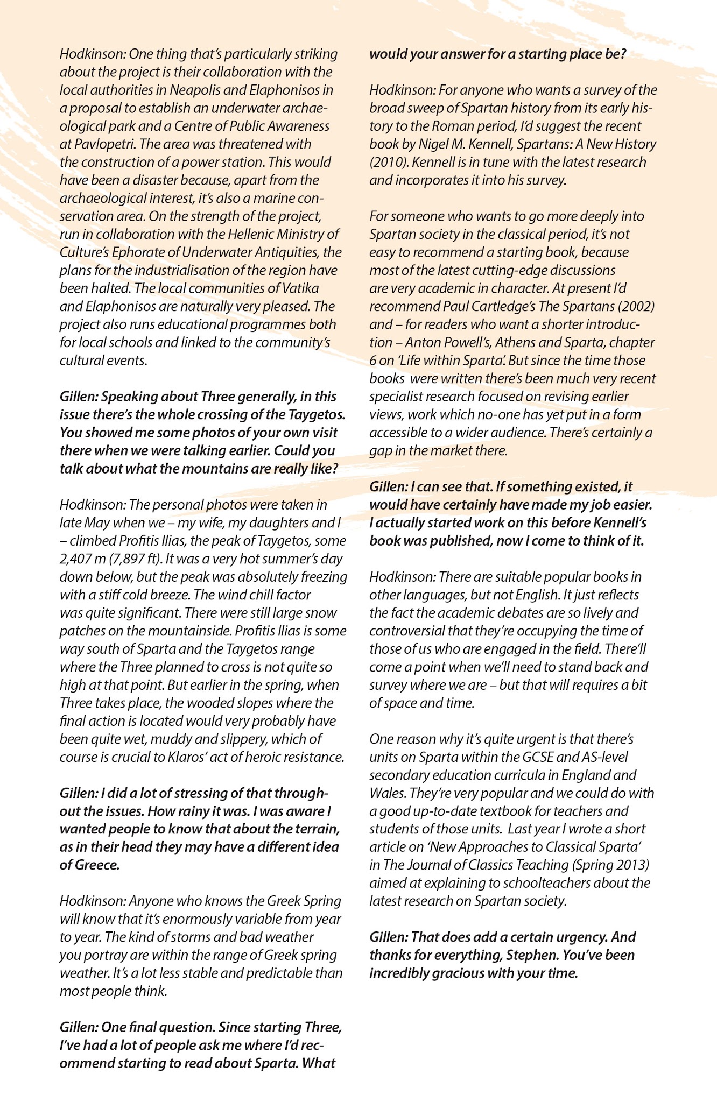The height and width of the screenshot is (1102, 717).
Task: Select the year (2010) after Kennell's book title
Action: pos(386,163)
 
